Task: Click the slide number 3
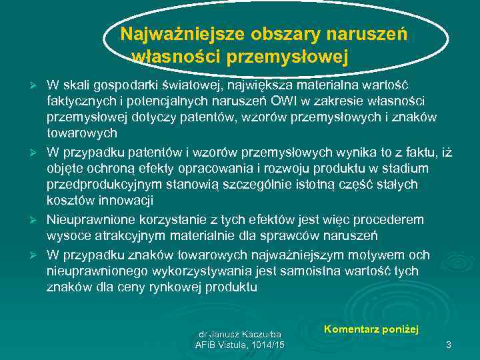coord(449,345)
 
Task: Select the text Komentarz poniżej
coord(371,329)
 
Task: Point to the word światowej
coord(189,85)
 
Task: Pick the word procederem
coord(393,219)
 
